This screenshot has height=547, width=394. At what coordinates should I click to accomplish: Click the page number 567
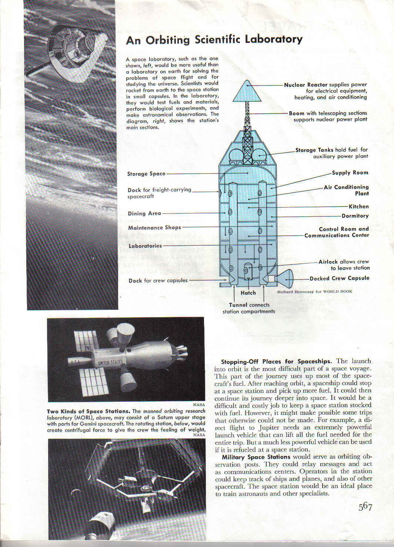(x=365, y=507)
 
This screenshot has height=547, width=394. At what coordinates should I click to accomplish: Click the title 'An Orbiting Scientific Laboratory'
(x=214, y=40)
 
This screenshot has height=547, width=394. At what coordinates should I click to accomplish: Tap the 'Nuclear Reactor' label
(x=305, y=85)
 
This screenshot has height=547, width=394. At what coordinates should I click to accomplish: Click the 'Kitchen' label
(x=358, y=206)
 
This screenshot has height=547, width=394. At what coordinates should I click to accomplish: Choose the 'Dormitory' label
(x=355, y=216)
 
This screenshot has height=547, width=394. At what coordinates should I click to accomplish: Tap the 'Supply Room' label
(x=350, y=173)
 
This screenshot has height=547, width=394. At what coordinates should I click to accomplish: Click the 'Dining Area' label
(x=144, y=213)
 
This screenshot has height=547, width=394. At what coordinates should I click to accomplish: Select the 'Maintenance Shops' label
(x=154, y=228)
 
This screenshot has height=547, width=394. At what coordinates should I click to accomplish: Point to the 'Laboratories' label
(x=145, y=246)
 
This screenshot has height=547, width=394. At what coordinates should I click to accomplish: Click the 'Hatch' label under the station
(x=248, y=293)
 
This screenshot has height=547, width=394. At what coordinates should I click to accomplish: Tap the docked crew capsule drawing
(x=284, y=279)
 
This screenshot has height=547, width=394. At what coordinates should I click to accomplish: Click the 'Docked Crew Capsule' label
(x=339, y=278)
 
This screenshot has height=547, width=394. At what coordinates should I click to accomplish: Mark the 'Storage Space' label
(x=146, y=174)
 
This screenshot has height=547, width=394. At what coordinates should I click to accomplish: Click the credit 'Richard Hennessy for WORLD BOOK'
(x=315, y=292)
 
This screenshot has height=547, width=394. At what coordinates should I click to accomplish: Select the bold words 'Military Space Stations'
(x=256, y=457)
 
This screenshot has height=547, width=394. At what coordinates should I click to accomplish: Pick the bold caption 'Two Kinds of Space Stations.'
(x=89, y=411)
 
